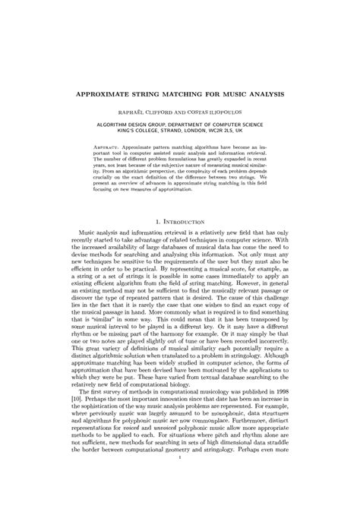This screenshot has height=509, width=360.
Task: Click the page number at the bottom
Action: coord(179,477)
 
